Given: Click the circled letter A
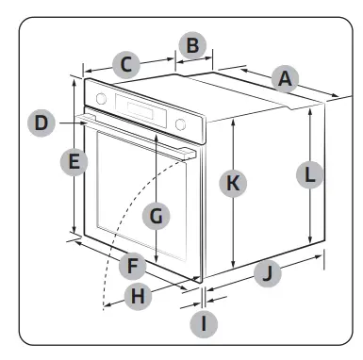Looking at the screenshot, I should (282, 79).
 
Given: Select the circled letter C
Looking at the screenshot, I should (125, 65).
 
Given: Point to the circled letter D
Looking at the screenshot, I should (39, 122).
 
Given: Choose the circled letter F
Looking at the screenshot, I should (134, 266).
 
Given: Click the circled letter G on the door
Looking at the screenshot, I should (157, 215).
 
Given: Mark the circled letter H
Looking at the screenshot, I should (139, 295).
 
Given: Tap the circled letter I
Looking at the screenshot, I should (203, 323).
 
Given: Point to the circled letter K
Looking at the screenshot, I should (232, 184).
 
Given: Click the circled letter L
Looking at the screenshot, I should (309, 172).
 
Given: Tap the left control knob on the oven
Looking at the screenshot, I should (102, 97).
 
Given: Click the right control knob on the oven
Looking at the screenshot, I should (181, 123).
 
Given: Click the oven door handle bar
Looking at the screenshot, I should (141, 136).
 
